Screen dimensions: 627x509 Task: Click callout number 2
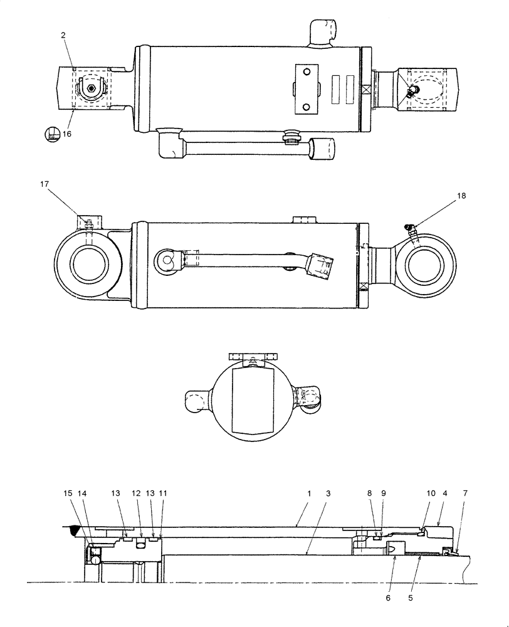[63, 36]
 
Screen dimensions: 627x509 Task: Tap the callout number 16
[67, 133]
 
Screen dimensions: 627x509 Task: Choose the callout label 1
[308, 494]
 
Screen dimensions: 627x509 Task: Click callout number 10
[431, 494]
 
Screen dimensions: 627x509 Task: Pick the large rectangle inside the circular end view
[253, 400]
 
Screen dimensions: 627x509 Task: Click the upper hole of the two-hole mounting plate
[306, 73]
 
